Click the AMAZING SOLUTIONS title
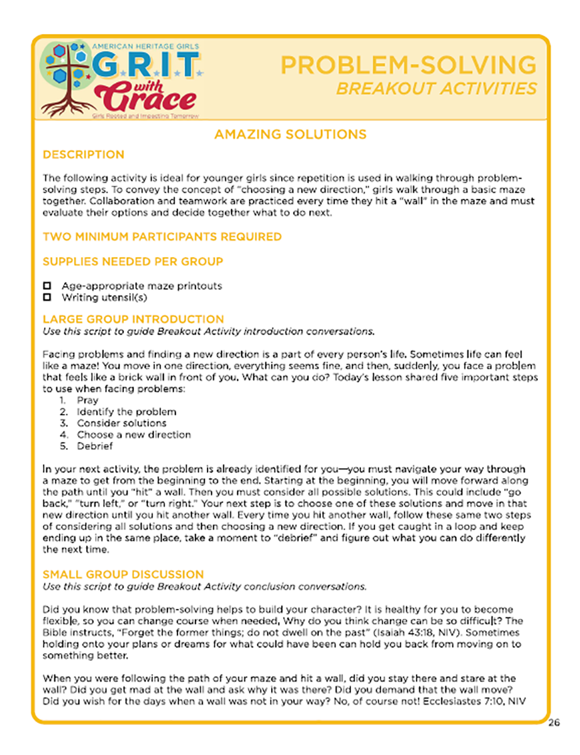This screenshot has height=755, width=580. (290, 135)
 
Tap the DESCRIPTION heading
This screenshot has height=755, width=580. (83, 155)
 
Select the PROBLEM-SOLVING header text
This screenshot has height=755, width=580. (408, 65)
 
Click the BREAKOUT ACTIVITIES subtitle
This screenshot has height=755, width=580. (437, 88)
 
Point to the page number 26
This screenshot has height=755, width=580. (553, 722)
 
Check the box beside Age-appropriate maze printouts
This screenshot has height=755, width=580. (47, 286)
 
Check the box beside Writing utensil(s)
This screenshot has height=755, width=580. (47, 297)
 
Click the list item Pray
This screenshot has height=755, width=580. (87, 400)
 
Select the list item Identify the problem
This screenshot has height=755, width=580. (126, 411)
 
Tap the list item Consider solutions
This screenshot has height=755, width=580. (121, 423)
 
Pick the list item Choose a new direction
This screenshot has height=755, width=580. (133, 434)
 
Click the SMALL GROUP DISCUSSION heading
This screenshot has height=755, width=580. (123, 574)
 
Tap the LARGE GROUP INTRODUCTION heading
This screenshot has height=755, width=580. (133, 319)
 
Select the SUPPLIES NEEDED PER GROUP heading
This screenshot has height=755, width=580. (133, 261)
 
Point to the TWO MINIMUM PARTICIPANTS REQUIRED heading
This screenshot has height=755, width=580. (162, 237)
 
